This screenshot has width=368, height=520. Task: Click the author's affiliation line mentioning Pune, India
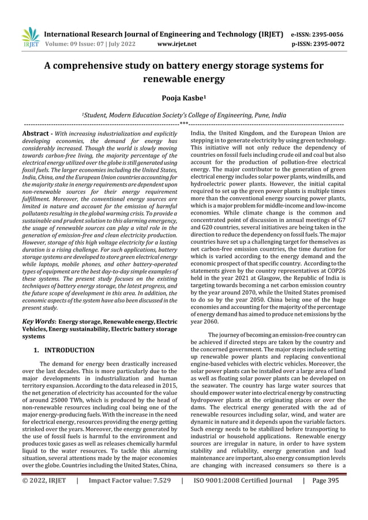183,115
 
